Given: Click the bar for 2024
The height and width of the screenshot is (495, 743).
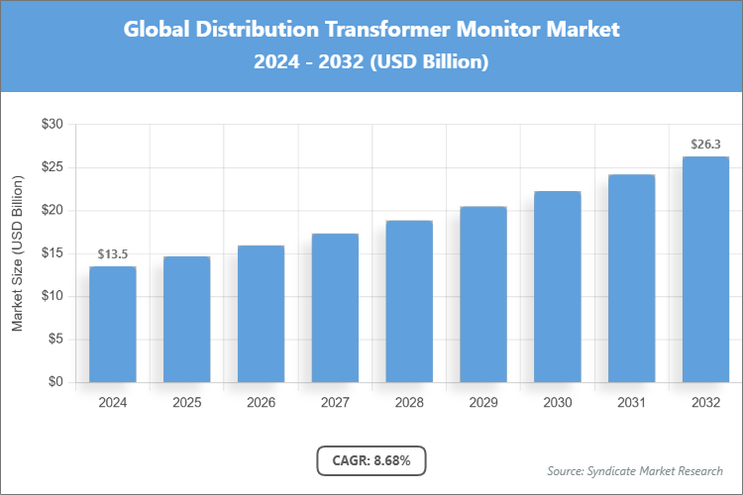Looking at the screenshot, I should click(x=112, y=325).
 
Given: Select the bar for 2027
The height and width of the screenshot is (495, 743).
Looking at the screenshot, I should click(x=335, y=308).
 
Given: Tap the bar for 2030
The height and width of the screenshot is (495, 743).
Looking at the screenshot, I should click(x=558, y=287).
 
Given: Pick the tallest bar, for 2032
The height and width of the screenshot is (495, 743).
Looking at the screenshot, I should click(x=705, y=269).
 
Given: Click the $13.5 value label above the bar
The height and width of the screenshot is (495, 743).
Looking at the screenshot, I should click(x=112, y=254).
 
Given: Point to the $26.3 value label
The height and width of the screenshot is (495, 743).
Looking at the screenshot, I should click(x=705, y=145).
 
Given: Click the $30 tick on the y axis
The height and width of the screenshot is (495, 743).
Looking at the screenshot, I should click(x=52, y=125).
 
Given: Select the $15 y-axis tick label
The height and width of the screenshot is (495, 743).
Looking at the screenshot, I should click(x=52, y=253).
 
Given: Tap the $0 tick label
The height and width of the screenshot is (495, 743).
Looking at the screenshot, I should click(x=55, y=382).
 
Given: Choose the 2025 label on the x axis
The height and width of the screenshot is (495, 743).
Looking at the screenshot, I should click(x=186, y=403).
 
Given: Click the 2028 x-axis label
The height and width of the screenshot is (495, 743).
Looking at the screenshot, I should click(x=409, y=403).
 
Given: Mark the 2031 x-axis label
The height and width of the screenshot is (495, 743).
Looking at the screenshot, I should click(x=631, y=403).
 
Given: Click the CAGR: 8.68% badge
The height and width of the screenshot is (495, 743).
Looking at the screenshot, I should click(x=371, y=460).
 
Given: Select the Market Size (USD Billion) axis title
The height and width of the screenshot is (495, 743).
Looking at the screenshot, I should click(x=17, y=253).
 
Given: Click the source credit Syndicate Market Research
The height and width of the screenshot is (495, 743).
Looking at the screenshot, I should click(x=635, y=470).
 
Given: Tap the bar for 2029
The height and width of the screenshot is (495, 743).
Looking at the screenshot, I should click(x=483, y=294).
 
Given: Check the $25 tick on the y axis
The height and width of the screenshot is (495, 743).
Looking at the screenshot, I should click(x=52, y=167).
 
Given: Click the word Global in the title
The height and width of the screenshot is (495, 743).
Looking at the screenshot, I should click(x=156, y=30).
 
